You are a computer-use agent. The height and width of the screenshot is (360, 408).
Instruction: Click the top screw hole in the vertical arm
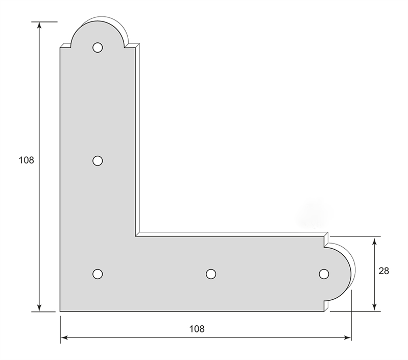coord(98,47)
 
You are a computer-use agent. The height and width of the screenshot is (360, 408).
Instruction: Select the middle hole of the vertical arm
coord(98,161)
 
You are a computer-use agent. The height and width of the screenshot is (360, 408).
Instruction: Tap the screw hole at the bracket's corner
coord(98,274)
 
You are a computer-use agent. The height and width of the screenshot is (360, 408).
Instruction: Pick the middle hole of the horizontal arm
coord(211,274)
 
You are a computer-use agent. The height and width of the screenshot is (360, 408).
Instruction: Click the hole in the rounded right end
coord(324,274)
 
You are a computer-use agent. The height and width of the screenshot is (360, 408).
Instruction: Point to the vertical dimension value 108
coord(26,160)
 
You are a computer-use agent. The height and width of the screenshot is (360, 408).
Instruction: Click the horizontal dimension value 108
coord(197,329)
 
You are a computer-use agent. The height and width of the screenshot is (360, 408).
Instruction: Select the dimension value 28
coord(384,271)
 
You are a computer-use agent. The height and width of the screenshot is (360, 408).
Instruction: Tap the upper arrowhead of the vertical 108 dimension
coord(39,25)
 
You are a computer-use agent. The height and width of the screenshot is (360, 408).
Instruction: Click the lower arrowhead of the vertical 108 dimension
coord(39,308)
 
